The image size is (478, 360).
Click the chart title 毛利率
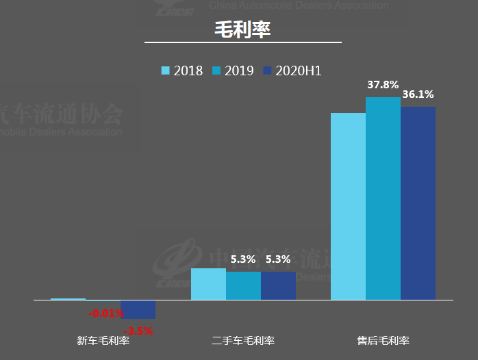point(243,29)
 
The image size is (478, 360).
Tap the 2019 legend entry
point(233,70)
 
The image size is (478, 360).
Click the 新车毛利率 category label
point(103,340)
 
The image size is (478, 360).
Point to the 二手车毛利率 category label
point(243,340)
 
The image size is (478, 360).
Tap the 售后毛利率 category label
point(383,340)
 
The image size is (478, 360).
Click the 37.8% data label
point(383,86)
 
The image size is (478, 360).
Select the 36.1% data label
point(418,94)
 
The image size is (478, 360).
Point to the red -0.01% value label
point(107,313)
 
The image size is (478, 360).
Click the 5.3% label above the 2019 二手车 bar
point(243,259)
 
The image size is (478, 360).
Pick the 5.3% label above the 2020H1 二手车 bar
point(278,259)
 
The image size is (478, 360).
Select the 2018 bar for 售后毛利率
point(348,205)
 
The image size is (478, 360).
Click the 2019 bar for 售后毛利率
point(383,198)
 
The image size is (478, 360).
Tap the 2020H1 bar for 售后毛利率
point(418,203)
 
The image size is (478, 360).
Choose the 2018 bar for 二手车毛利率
point(208,284)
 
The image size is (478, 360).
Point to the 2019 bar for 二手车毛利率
point(243,286)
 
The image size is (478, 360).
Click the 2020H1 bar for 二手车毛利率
point(278,286)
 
